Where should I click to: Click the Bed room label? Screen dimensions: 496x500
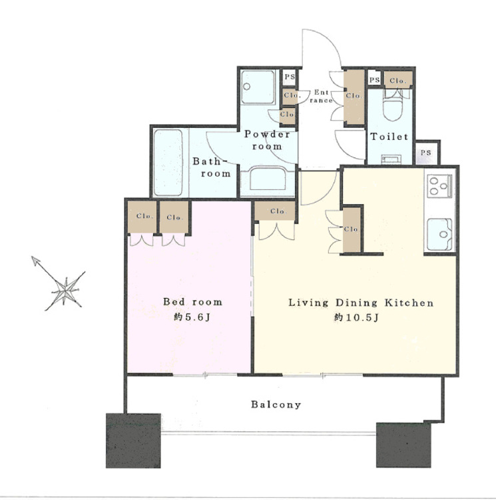click(x=192, y=301)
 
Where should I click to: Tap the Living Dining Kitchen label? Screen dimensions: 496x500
click(x=361, y=303)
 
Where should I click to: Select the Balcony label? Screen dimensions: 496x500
click(x=276, y=405)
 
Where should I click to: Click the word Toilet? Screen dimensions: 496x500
click(x=389, y=137)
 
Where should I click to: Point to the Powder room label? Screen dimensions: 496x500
click(x=267, y=140)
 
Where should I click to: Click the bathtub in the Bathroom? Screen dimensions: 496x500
click(x=168, y=162)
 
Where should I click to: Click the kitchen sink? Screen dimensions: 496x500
click(x=439, y=234)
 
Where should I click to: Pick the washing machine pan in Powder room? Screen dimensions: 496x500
click(x=258, y=87)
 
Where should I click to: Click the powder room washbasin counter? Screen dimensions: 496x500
click(x=268, y=181)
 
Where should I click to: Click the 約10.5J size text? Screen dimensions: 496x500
click(x=356, y=317)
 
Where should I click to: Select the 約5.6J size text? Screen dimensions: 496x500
click(x=192, y=317)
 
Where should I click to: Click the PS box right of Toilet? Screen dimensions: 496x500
click(x=426, y=153)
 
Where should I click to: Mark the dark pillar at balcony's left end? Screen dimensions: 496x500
click(x=133, y=441)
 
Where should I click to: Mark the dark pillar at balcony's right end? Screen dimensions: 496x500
click(x=403, y=445)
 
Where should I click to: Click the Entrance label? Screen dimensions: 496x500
click(x=321, y=96)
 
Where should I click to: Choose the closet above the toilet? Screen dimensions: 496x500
click(x=398, y=79)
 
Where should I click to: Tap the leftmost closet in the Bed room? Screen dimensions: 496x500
click(x=142, y=217)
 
